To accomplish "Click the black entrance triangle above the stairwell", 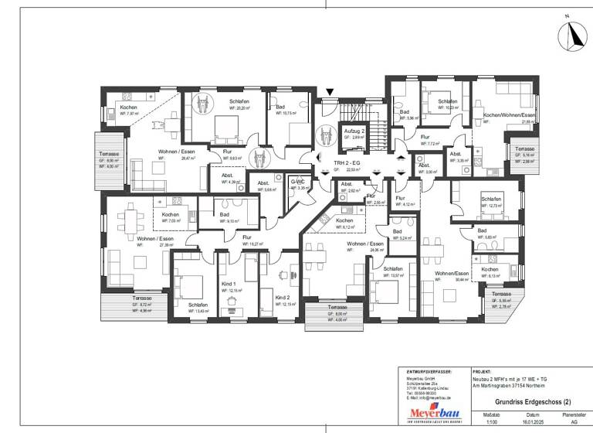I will tap(330, 93).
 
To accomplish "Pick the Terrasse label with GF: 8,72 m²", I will tap(141, 298).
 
